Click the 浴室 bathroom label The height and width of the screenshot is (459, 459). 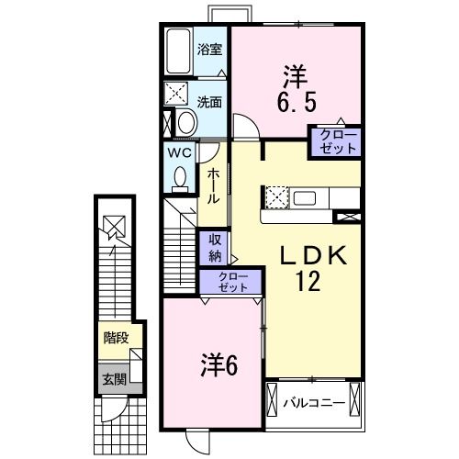(210, 50)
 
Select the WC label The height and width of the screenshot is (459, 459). (178, 152)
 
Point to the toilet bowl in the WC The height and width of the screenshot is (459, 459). (179, 176)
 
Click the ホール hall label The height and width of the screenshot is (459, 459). (212, 185)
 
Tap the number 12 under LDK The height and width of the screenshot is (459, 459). (308, 282)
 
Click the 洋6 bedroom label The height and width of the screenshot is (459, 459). (219, 365)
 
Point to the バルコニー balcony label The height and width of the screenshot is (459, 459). (314, 402)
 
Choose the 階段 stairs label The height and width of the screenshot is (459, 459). (116, 337)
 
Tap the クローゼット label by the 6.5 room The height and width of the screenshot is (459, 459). (334, 142)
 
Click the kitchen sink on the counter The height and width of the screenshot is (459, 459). (305, 198)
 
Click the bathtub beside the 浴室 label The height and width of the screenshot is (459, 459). (178, 50)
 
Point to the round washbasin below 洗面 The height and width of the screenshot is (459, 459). (185, 123)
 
